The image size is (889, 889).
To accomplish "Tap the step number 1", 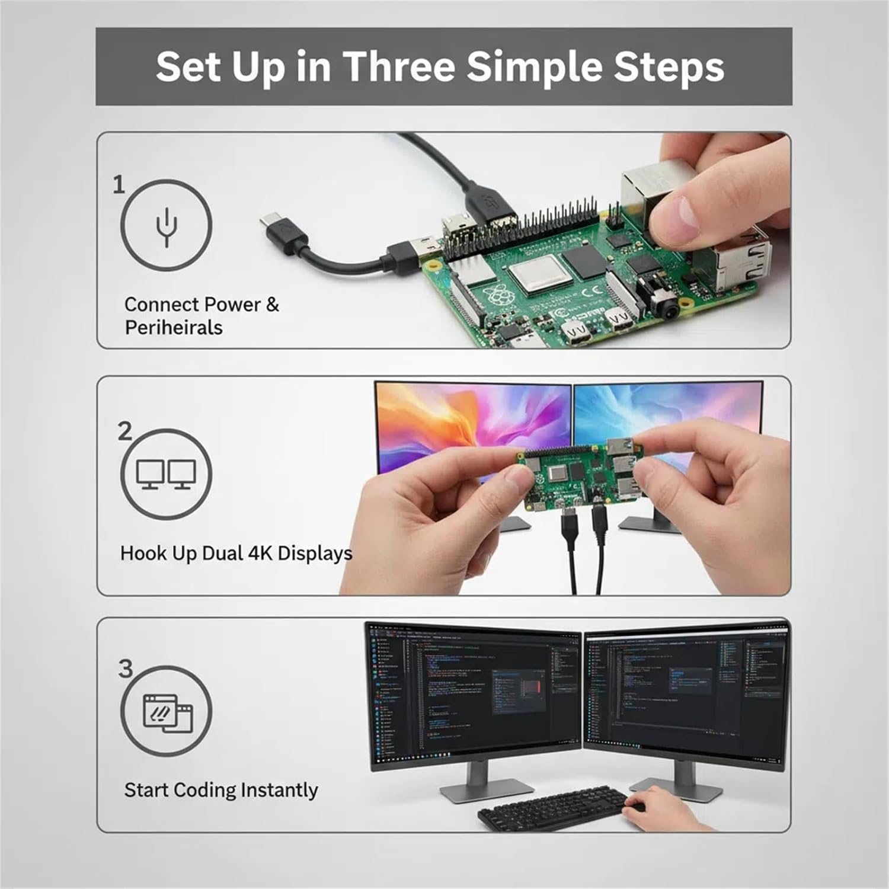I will [119, 184].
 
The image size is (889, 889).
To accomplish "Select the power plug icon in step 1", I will [167, 226].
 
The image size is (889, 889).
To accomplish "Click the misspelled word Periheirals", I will [174, 328].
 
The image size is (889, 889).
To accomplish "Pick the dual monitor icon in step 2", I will [166, 475].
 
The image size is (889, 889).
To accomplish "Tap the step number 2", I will [124, 431].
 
